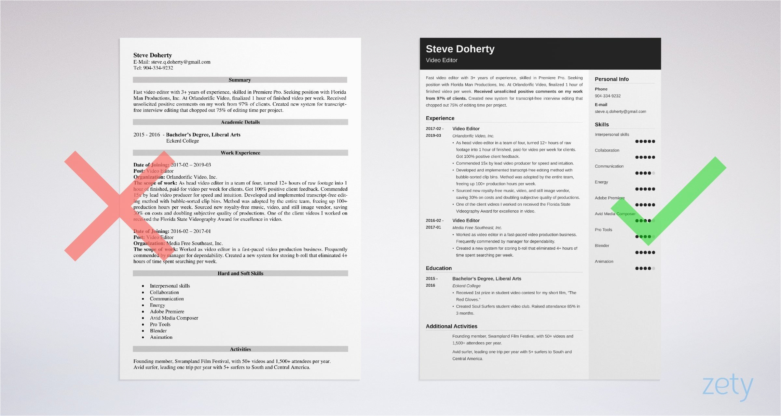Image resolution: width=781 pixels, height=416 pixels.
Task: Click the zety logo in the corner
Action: (728, 387)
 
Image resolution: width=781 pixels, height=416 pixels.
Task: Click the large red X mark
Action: (120, 206)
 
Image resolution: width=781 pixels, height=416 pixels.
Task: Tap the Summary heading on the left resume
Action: (240, 80)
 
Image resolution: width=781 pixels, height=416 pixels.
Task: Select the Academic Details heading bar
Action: (240, 122)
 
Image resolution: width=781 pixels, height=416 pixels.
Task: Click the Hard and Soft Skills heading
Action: (240, 273)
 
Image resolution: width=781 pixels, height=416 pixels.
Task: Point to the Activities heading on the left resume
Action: (240, 349)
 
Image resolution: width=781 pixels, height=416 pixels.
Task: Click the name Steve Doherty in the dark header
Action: (460, 49)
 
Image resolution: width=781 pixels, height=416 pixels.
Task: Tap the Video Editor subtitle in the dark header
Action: (442, 60)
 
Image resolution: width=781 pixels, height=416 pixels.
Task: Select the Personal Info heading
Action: (611, 79)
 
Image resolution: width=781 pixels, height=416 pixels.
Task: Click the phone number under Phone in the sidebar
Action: (608, 96)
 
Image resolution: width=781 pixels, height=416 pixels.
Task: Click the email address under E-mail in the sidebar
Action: (620, 111)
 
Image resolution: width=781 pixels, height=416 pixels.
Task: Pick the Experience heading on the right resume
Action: (440, 118)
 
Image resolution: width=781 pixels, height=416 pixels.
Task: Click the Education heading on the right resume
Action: (439, 268)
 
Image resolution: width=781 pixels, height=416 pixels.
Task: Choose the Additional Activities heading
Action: (451, 326)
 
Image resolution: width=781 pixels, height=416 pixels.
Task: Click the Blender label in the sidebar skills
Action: (602, 246)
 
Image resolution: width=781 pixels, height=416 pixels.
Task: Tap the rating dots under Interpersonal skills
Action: (645, 141)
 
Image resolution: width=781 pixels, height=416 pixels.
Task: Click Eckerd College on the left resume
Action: (182, 141)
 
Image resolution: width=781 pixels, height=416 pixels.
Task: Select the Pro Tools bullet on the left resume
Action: (160, 324)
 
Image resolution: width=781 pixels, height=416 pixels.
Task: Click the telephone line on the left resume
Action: (153, 68)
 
